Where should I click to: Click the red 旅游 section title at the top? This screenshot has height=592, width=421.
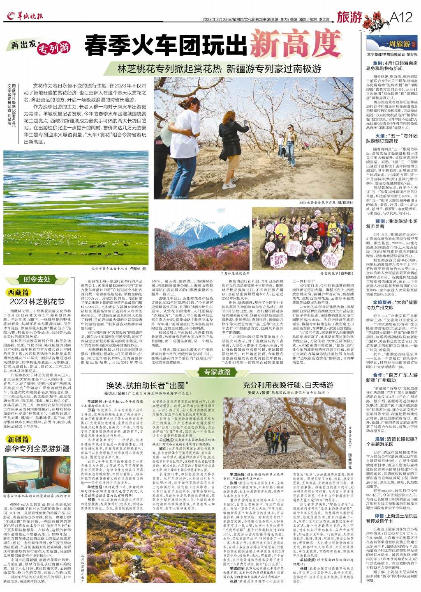point(349,17)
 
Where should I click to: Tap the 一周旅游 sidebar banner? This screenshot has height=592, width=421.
point(391,44)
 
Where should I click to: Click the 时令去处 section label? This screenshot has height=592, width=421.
point(37,279)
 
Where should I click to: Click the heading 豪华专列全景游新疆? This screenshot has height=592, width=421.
point(37,448)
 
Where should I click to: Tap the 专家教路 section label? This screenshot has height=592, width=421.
point(217,372)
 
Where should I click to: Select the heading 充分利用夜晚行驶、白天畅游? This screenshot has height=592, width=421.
point(288,385)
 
